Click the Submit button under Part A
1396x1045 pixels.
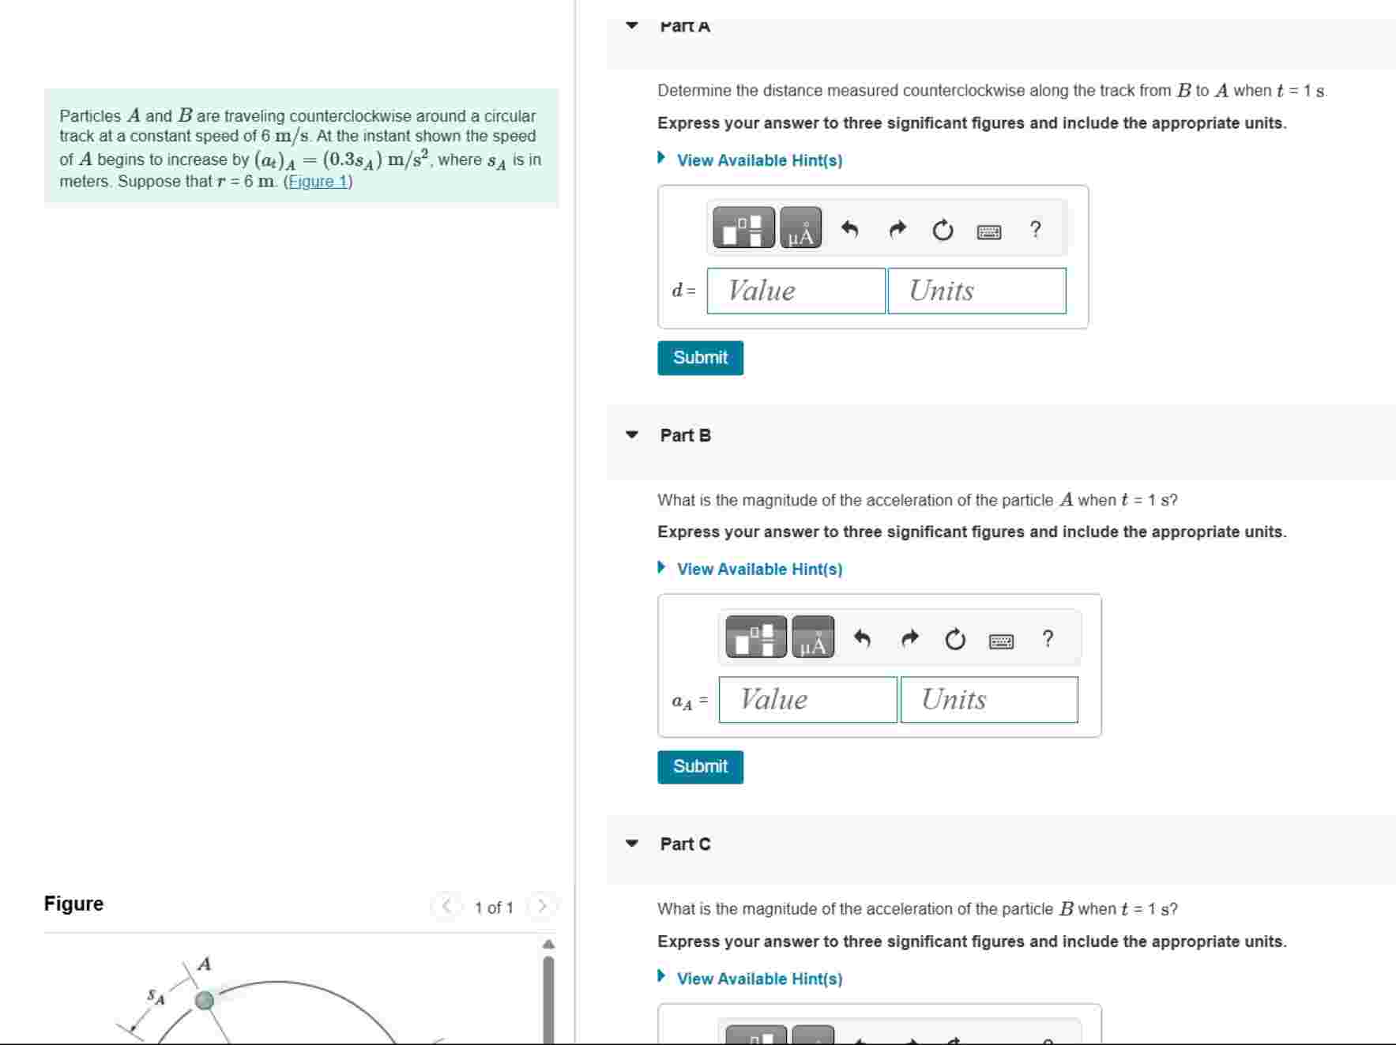point(700,358)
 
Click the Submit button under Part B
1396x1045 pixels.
point(700,767)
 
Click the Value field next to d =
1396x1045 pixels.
point(796,291)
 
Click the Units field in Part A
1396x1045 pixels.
point(976,291)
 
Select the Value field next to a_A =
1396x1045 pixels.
point(807,700)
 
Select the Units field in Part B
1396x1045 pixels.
point(988,700)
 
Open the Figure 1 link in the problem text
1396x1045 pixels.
point(318,182)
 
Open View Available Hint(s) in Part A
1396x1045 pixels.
point(758,160)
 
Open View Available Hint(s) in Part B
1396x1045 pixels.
point(758,569)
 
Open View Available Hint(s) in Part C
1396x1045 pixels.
point(758,979)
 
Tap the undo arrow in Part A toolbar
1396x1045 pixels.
point(849,230)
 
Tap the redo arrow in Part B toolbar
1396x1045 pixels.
point(910,638)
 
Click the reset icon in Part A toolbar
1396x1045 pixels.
point(943,231)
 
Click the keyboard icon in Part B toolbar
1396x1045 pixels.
point(1001,641)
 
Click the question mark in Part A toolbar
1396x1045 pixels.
point(1035,230)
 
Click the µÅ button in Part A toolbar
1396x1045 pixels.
point(800,229)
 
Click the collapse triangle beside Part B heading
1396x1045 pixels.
point(631,435)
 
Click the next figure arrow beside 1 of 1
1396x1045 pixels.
point(542,907)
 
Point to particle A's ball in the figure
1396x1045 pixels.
point(205,1001)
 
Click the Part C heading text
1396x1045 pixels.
point(685,844)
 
